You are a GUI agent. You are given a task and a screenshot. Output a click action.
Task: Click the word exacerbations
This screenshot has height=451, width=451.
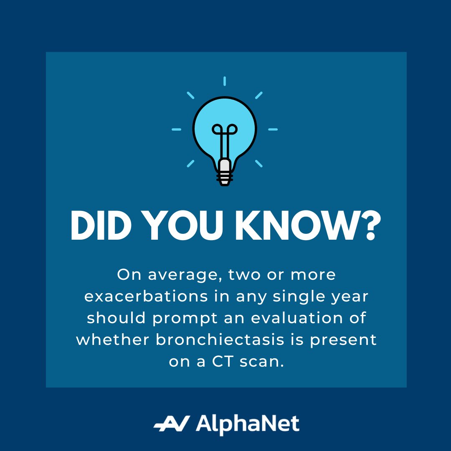point(146,296)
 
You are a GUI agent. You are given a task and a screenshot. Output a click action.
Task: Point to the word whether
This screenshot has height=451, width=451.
point(113,340)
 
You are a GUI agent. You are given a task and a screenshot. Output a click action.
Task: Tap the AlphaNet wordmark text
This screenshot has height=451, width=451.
point(247,424)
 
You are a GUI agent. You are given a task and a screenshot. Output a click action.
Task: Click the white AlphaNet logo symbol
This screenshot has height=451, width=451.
point(172,424)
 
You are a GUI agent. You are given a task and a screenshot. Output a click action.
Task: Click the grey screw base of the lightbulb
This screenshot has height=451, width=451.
point(225,171)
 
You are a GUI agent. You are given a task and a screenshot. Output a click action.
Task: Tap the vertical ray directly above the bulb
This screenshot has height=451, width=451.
point(225,81)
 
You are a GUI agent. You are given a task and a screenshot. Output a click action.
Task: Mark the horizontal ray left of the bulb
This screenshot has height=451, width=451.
point(177,129)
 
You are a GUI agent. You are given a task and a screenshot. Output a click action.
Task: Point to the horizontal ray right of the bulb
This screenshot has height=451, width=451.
point(273,129)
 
